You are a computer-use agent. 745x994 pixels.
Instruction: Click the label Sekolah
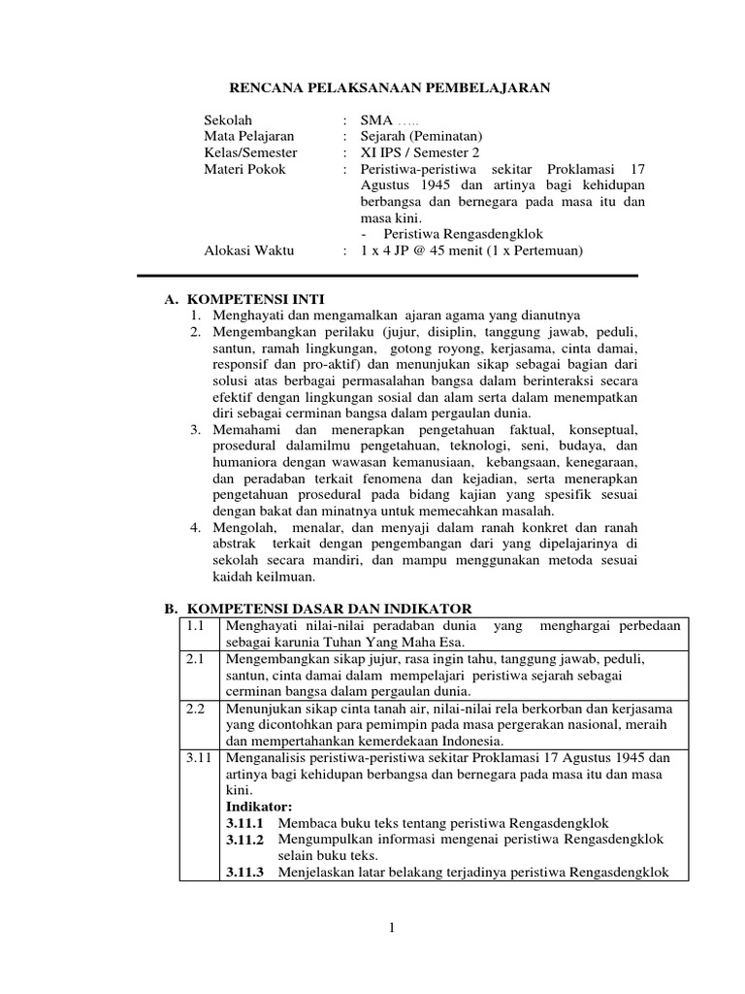tap(228, 120)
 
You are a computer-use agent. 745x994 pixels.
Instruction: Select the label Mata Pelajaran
tap(249, 137)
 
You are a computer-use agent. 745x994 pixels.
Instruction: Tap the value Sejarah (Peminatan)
tap(420, 137)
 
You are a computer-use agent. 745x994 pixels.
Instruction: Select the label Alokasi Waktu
tap(248, 251)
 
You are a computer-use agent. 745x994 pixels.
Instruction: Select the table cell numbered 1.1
tap(197, 627)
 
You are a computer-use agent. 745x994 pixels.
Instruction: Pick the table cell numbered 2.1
tap(197, 659)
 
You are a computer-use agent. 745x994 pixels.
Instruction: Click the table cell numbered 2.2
tap(197, 709)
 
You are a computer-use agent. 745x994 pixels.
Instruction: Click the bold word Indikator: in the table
tap(258, 807)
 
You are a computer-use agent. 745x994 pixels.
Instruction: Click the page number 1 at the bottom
tap(392, 929)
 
